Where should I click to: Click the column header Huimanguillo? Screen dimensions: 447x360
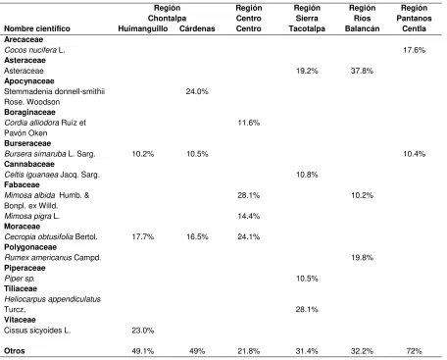pos(143,28)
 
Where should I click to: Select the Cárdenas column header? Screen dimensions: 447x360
pos(197,28)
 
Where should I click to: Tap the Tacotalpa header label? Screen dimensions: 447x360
pos(307,28)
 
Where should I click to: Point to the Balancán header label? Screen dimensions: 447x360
pos(362,28)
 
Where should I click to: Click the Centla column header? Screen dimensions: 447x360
pos(414,28)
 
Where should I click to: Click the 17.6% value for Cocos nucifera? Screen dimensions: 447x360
pos(414,50)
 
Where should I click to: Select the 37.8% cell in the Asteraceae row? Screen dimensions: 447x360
pos(362,71)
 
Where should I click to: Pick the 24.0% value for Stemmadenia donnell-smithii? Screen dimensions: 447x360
pos(197,91)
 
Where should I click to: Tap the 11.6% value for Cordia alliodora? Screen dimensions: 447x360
pos(249,123)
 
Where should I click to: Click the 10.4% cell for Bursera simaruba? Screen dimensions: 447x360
pos(414,154)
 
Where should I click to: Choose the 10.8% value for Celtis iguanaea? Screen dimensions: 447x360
pos(307,175)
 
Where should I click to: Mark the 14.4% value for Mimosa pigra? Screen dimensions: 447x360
pos(249,216)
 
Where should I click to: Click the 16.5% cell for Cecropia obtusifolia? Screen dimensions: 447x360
pos(197,236)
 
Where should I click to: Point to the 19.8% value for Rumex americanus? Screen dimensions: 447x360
pos(362,258)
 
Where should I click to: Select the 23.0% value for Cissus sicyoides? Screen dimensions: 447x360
pos(143,331)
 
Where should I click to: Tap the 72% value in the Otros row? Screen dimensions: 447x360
pos(414,351)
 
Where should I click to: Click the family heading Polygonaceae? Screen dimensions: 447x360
pos(30,247)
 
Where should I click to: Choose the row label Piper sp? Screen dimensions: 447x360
pos(20,279)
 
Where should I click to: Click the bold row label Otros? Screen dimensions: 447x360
pos(15,351)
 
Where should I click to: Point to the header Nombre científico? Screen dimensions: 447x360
pos(37,28)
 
